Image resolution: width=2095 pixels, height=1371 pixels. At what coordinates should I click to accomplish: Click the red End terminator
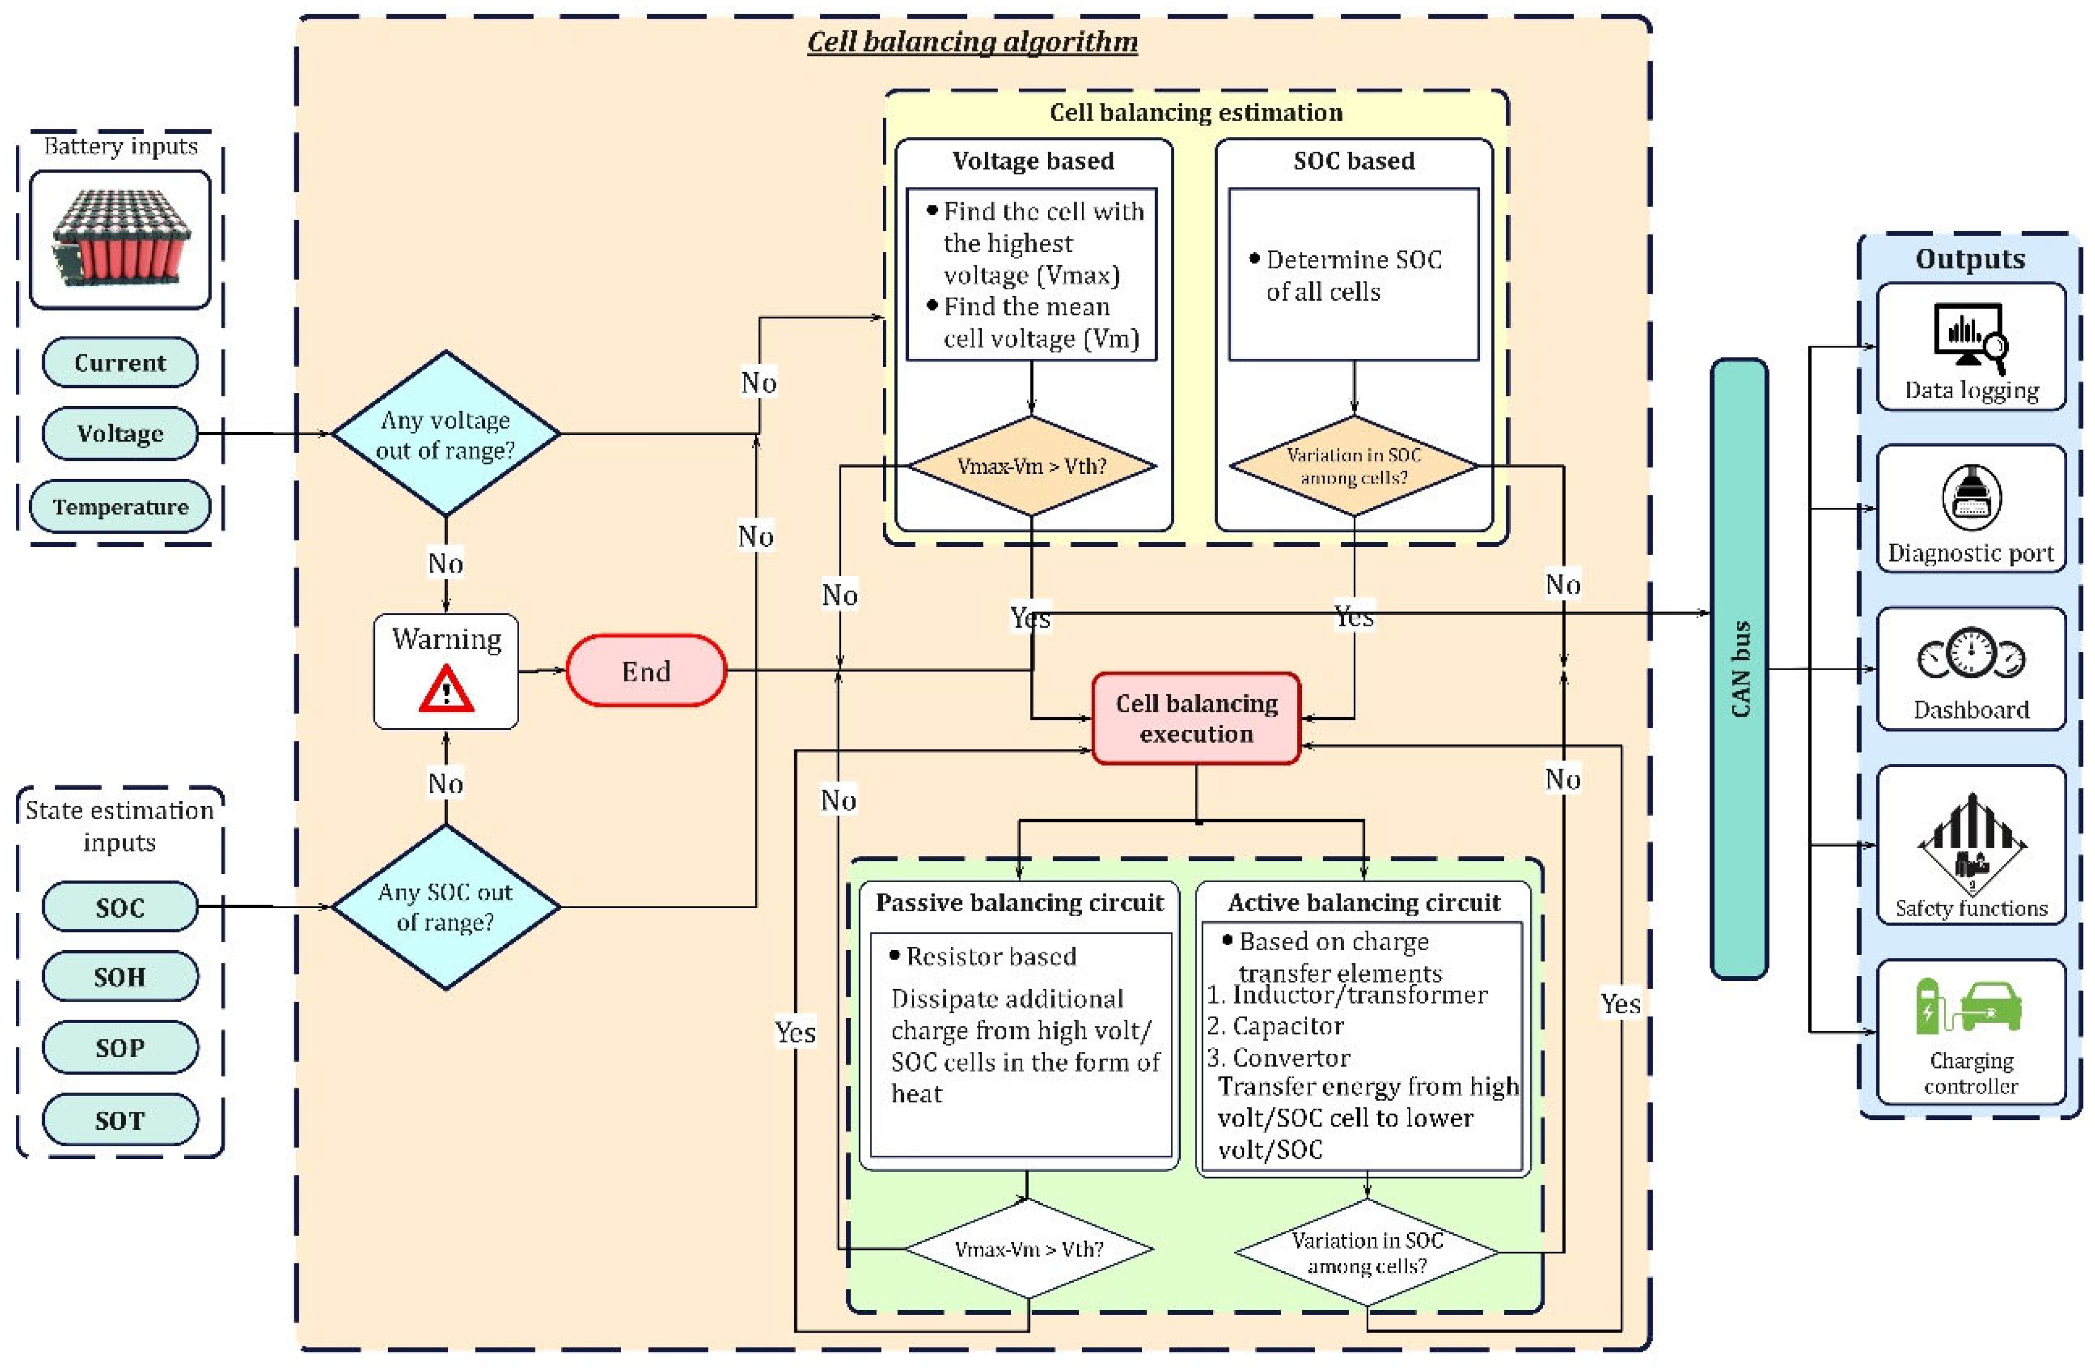pos(646,671)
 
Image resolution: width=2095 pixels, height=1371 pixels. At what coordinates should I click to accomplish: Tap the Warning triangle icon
pos(446,689)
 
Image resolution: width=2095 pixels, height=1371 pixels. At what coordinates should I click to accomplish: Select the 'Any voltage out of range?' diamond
pos(446,434)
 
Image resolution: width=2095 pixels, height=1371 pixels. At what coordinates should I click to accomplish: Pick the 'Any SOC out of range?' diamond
pos(446,906)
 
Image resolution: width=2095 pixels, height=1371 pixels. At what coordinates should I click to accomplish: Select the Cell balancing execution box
pos(1196,718)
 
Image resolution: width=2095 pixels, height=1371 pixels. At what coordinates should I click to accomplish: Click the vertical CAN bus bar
pos(1739,669)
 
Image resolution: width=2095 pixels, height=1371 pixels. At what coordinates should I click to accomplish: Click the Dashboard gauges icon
pos(1972,655)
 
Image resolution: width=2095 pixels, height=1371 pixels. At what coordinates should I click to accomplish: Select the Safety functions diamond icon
pos(1972,845)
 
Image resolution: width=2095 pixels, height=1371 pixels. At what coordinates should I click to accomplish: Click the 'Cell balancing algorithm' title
pos(972,41)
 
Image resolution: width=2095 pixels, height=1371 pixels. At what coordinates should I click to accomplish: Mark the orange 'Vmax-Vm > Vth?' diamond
pos(1032,466)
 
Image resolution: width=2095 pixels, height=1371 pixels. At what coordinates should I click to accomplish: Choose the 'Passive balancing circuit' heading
pos(1020,903)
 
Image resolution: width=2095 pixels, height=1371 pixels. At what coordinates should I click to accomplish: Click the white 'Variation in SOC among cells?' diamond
pos(1367,1252)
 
